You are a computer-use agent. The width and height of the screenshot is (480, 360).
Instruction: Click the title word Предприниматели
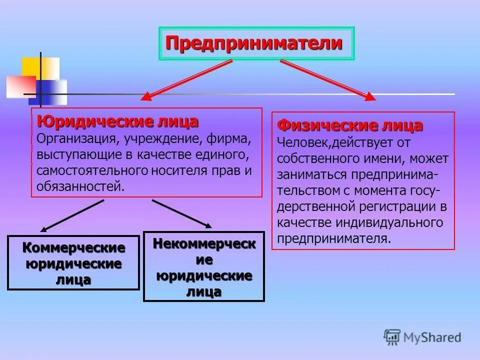tap(254, 43)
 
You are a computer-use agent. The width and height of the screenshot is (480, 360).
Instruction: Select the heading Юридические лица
tap(117, 121)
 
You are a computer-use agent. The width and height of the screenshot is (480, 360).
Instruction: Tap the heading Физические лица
tap(350, 125)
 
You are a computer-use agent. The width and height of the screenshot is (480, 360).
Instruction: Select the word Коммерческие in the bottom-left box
tap(74, 247)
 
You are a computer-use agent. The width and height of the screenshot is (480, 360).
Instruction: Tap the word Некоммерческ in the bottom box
tap(204, 243)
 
